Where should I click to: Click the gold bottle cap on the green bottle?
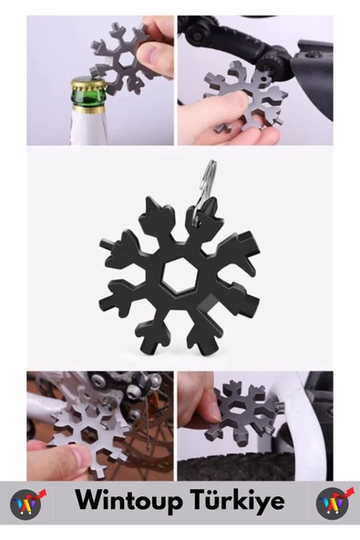(x=88, y=85)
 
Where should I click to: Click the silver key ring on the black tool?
(x=204, y=192)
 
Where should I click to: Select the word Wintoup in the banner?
(x=129, y=502)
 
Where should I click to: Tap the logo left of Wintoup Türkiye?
(x=26, y=504)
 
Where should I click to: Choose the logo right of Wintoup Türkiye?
(x=334, y=504)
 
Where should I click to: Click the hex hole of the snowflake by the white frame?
(x=238, y=409)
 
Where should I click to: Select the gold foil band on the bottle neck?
(x=88, y=109)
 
